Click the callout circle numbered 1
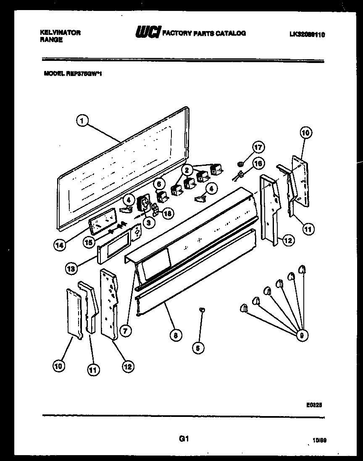[83, 121]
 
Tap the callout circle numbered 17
[258, 147]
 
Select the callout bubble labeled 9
[300, 335]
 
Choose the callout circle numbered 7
[125, 330]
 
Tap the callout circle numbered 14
[60, 245]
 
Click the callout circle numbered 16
[258, 163]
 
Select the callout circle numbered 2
[186, 170]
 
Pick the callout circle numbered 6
[158, 183]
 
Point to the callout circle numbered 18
[167, 213]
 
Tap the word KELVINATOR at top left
[60, 32]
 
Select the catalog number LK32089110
[306, 35]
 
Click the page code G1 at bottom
[182, 439]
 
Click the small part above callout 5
[202, 309]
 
